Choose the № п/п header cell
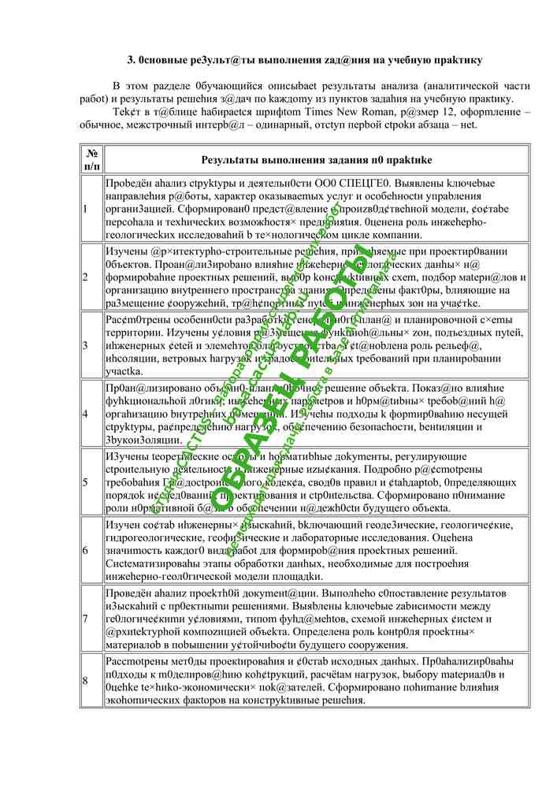pos(91,159)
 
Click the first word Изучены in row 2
pos(125,251)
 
